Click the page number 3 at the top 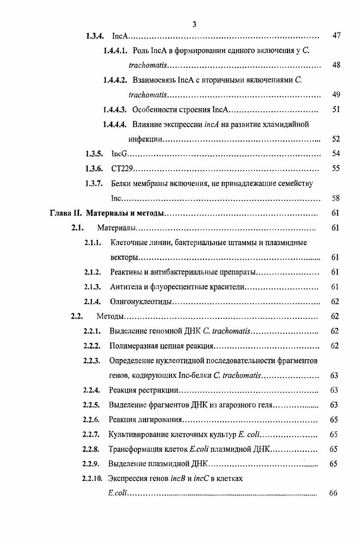coord(194,25)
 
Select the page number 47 coord(336,36)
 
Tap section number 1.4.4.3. coord(116,109)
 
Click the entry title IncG coord(119,154)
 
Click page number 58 coord(336,198)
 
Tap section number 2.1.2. coord(93,272)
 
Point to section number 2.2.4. coord(93,390)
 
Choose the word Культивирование coord(138,434)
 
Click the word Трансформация coord(134,449)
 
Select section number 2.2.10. coord(92,478)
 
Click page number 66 coord(333,493)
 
